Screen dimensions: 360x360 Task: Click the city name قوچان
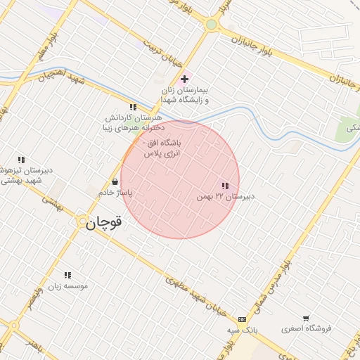pyautogui.click(x=104, y=223)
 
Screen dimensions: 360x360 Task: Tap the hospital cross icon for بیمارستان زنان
pyautogui.click(x=185, y=79)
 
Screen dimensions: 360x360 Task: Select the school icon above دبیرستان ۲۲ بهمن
pyautogui.click(x=224, y=186)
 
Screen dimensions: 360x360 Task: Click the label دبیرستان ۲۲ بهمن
pyautogui.click(x=224, y=198)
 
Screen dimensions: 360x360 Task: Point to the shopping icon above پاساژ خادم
pyautogui.click(x=115, y=181)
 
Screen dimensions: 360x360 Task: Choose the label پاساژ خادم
pyautogui.click(x=115, y=192)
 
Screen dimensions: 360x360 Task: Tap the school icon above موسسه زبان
pyautogui.click(x=67, y=275)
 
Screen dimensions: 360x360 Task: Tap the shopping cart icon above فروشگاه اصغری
pyautogui.click(x=306, y=318)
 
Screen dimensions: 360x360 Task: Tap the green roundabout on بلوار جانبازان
pyautogui.click(x=211, y=25)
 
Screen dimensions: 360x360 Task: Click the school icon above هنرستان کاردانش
pyautogui.click(x=133, y=107)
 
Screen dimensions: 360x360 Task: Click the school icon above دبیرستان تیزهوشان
pyautogui.click(x=21, y=160)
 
